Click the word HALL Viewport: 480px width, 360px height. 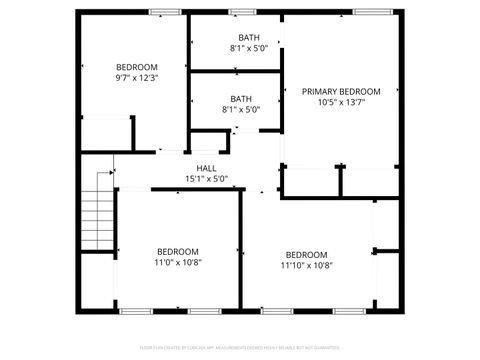click(x=207, y=168)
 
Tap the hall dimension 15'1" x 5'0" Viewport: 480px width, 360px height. click(x=207, y=179)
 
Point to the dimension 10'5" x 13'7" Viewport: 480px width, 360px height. click(x=341, y=102)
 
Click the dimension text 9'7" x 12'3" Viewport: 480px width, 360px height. click(x=136, y=77)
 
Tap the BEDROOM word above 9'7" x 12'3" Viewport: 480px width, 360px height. click(x=136, y=66)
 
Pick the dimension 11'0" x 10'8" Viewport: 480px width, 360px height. click(x=177, y=262)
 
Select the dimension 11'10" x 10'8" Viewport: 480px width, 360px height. click(x=307, y=265)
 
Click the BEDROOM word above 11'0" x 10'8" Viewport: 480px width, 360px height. click(x=177, y=251)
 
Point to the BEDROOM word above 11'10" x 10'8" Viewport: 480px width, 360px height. click(x=307, y=254)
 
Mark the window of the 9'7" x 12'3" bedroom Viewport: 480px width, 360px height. click(x=163, y=12)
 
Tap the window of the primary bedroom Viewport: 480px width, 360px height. click(x=367, y=12)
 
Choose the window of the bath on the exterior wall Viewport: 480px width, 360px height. click(x=242, y=12)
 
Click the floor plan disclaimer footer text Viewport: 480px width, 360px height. click(x=240, y=349)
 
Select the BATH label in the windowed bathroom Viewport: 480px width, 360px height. click(x=241, y=37)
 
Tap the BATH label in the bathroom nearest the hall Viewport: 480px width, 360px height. click(x=241, y=99)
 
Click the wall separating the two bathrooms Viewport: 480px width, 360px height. click(x=236, y=72)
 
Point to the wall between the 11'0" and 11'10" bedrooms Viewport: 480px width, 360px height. click(x=242, y=250)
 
